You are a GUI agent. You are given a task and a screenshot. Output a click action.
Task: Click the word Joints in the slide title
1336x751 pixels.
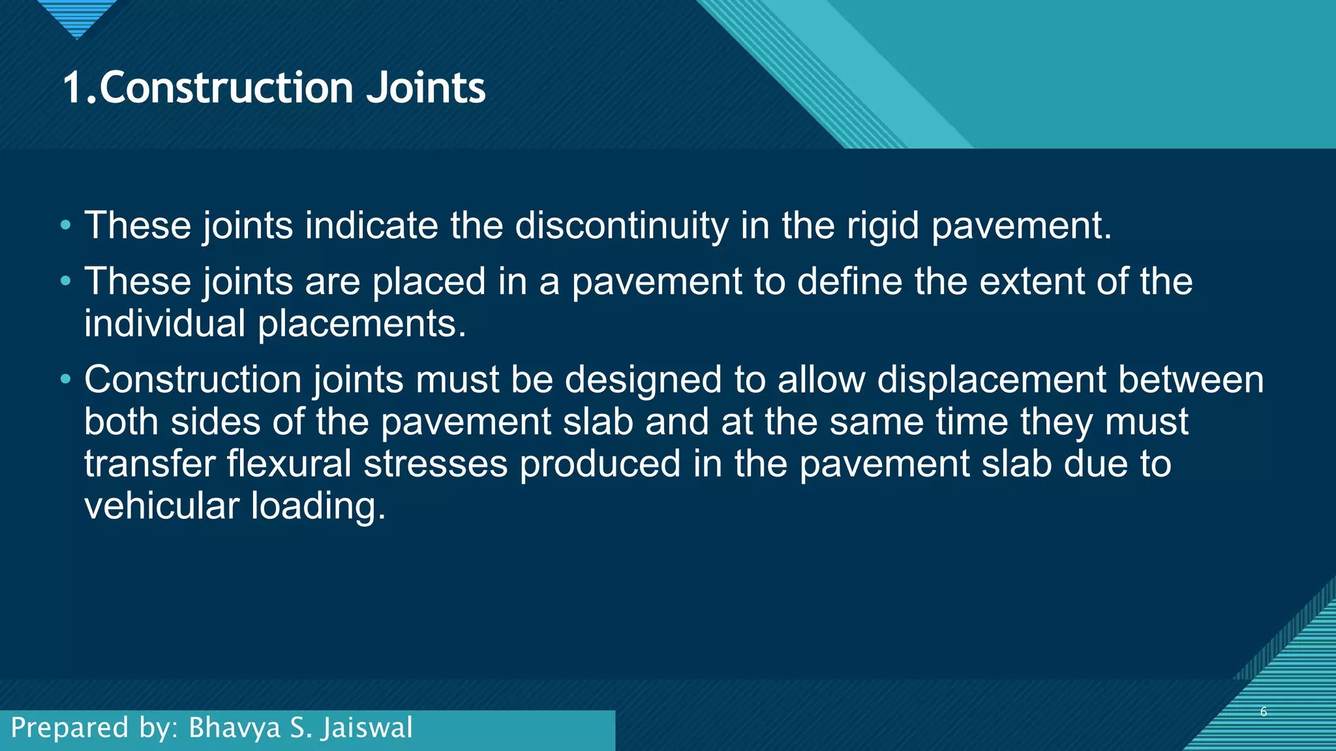click(x=425, y=88)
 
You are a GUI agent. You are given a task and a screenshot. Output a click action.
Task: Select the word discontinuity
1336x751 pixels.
click(x=621, y=226)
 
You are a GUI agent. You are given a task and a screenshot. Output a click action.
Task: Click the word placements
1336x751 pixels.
click(x=361, y=325)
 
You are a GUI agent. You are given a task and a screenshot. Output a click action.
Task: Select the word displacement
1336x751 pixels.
click(x=991, y=380)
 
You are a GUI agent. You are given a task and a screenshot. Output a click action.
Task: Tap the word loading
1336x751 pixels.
click(x=318, y=507)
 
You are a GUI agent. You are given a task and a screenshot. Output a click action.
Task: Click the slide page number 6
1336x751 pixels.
click(x=1264, y=712)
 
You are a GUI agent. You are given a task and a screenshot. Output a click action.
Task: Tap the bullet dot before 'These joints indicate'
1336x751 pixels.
click(x=65, y=226)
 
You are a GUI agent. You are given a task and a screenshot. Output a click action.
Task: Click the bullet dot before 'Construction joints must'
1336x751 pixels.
click(x=65, y=380)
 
